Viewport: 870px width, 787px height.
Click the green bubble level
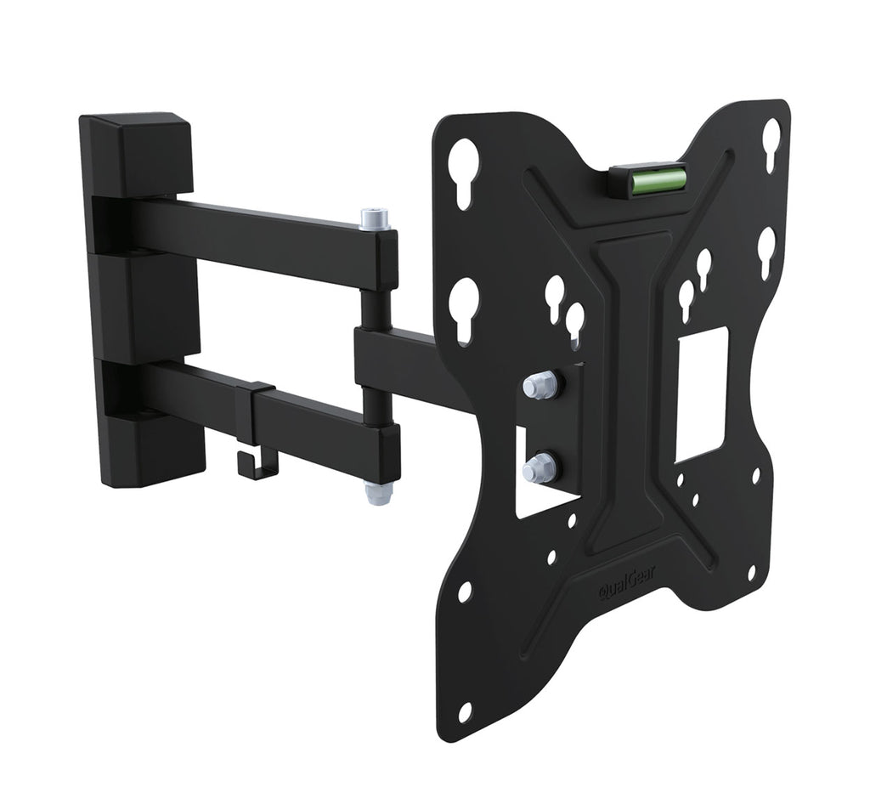[x=659, y=178]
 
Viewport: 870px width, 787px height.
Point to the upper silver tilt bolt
[x=540, y=385]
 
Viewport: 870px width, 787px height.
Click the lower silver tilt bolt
[x=540, y=467]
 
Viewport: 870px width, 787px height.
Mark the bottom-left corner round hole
[x=465, y=711]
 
